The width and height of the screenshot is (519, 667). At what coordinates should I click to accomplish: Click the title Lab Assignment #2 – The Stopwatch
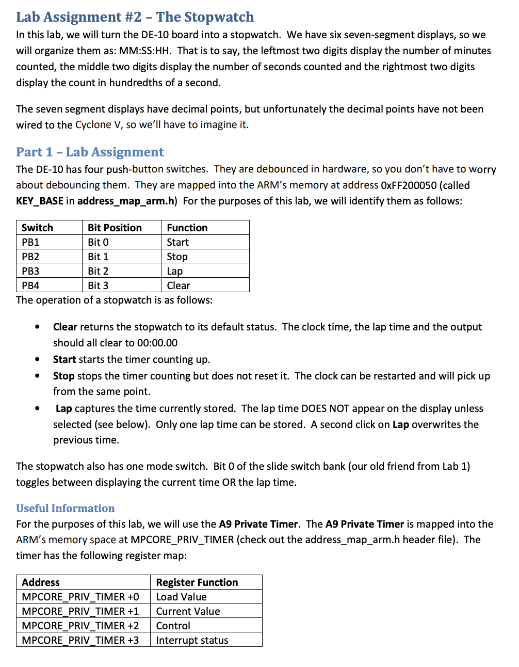click(x=135, y=17)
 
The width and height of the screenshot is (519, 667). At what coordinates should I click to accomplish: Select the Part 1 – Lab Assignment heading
click(x=90, y=152)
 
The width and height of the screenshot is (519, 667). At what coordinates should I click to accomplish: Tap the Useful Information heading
click(x=65, y=508)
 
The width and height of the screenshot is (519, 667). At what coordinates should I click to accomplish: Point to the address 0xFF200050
click(x=408, y=185)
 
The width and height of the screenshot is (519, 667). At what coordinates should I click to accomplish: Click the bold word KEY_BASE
click(x=40, y=201)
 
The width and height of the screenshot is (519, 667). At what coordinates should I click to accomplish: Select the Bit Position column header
click(x=115, y=228)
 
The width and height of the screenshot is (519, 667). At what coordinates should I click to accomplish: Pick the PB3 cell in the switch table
click(x=30, y=271)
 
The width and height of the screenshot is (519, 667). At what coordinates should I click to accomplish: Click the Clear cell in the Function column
click(x=179, y=285)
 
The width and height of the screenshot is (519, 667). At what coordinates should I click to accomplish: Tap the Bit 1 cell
click(x=98, y=257)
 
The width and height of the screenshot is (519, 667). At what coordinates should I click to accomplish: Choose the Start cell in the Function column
click(x=177, y=242)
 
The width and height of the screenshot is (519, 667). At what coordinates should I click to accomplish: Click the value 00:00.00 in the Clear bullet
click(x=157, y=343)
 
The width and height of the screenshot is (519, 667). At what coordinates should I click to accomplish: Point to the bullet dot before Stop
click(x=37, y=376)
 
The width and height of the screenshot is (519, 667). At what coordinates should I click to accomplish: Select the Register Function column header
click(x=197, y=582)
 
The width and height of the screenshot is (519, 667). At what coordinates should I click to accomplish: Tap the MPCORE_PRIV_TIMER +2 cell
click(x=80, y=626)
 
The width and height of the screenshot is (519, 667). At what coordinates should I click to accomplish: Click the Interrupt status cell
click(x=192, y=640)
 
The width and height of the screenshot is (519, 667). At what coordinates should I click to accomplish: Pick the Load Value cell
click(x=181, y=597)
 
